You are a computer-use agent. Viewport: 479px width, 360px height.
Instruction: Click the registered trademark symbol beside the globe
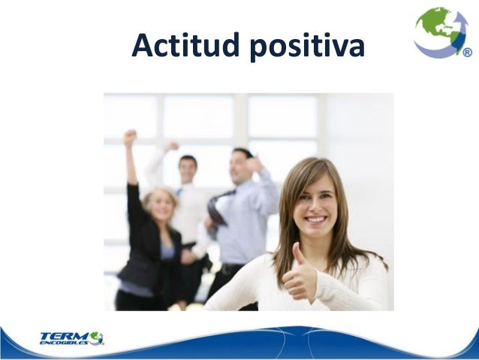pos(467,53)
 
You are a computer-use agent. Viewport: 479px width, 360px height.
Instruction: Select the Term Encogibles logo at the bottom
pos(71,337)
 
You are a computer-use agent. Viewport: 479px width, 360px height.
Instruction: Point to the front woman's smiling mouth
pos(315,219)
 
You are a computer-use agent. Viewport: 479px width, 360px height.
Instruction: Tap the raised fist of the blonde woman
pos(131,138)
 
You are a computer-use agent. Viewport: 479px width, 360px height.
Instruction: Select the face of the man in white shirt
pos(188,168)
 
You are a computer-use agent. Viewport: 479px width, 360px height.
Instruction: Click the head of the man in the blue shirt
pos(243,161)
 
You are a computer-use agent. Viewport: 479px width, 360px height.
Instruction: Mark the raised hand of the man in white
pos(171,147)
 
